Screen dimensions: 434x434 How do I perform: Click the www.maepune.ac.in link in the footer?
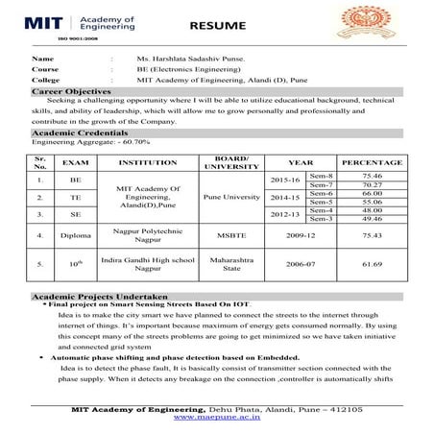[217, 419]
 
